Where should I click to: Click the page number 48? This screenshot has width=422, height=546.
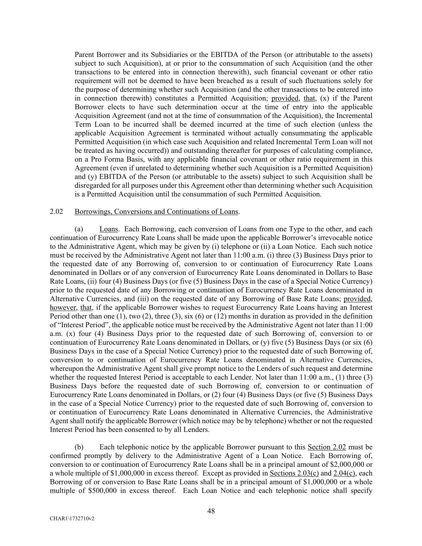(211, 511)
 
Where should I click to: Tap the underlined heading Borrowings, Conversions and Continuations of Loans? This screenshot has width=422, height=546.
(156, 212)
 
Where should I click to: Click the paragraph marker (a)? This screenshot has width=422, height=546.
(79, 229)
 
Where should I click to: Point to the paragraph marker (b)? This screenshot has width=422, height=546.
(79, 447)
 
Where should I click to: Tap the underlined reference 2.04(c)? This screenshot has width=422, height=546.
(344, 474)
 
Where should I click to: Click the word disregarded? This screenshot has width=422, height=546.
(94, 186)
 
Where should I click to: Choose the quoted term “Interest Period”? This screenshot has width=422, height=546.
(86, 325)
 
